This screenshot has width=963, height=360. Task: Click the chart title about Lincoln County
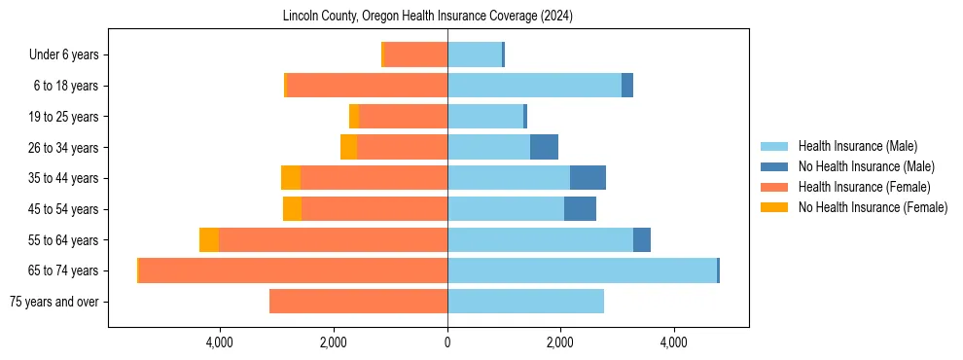tap(428, 17)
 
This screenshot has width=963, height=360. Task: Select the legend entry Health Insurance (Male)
tap(856, 146)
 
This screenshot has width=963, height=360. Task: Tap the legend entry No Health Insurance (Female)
tap(873, 207)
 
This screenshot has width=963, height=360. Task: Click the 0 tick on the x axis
tap(447, 342)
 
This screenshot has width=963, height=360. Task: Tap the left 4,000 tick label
tap(220, 342)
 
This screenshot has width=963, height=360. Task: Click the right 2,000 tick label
tap(560, 342)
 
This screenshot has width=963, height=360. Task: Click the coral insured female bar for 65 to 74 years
tap(293, 270)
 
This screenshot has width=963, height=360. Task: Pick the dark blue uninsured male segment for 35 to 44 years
tap(588, 178)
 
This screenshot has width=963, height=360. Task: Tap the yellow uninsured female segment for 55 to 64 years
tap(209, 239)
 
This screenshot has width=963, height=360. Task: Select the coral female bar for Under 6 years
tap(416, 54)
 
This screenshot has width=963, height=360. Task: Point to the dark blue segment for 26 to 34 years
tap(544, 147)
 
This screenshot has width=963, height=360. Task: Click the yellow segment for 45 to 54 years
tap(292, 208)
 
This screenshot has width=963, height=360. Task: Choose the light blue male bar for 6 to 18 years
tap(534, 86)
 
